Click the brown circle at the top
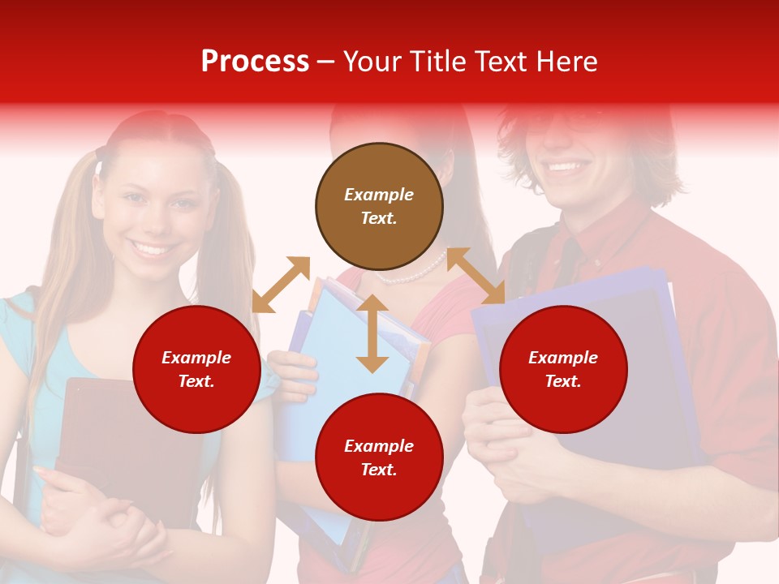(x=379, y=206)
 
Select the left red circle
(x=196, y=369)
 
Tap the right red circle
(x=563, y=369)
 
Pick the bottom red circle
(x=379, y=457)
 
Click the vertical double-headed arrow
(x=372, y=333)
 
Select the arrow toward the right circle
(x=476, y=276)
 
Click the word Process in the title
(x=255, y=62)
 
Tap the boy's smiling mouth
(x=567, y=167)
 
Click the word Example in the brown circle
(x=379, y=195)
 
